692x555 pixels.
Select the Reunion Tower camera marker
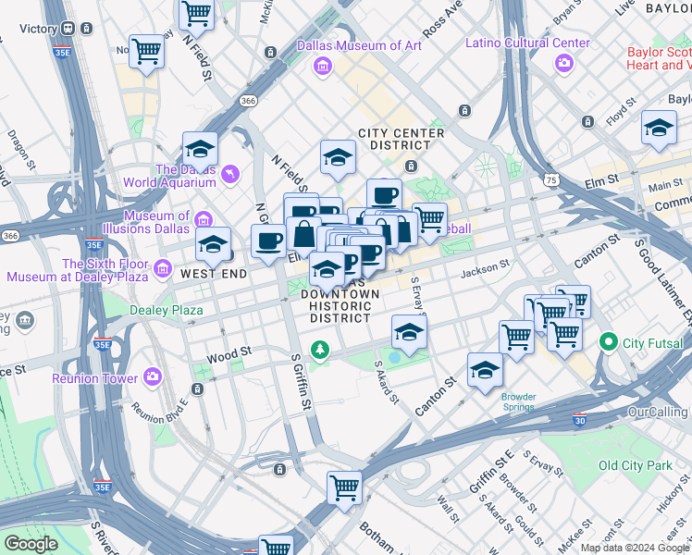click(153, 377)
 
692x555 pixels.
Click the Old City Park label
click(636, 465)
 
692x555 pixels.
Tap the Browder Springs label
click(518, 401)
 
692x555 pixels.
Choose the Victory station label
click(39, 29)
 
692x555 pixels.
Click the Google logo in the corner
click(31, 544)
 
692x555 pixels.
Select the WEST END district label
click(213, 275)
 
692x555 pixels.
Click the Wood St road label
click(229, 352)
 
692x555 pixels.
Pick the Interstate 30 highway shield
click(579, 418)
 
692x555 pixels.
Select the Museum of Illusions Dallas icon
click(203, 218)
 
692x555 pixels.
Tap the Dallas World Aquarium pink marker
click(230, 173)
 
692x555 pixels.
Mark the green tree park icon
click(320, 350)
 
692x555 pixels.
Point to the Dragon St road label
click(19, 145)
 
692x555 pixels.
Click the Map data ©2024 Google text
click(635, 548)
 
